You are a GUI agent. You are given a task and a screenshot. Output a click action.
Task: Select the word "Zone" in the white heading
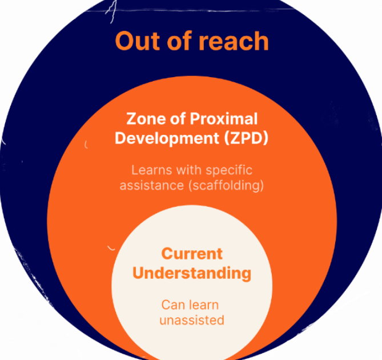coord(144,119)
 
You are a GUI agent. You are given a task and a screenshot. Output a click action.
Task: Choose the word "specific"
coord(228,170)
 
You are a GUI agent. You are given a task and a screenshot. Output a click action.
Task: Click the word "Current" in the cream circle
coord(192,253)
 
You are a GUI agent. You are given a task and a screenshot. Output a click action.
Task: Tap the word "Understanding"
coord(192,273)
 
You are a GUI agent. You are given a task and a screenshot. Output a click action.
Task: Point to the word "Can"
coord(172,305)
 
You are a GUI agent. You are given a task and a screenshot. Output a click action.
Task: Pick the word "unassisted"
coord(192,320)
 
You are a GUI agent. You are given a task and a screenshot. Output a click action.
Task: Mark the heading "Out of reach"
coord(192,41)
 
